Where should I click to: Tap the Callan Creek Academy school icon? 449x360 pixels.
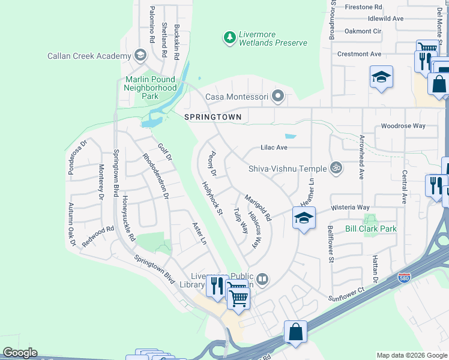(140, 56)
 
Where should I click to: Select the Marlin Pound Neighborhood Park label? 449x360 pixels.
(150, 88)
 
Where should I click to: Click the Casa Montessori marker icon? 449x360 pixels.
(277, 96)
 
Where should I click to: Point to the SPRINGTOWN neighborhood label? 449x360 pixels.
(213, 117)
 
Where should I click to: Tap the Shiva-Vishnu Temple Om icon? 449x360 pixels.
(337, 169)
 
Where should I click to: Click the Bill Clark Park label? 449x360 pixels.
(371, 229)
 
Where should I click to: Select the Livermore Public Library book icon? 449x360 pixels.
(263, 278)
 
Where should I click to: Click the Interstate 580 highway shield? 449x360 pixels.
(405, 278)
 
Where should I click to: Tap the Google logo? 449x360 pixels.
(20, 353)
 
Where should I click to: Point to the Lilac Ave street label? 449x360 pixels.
(274, 147)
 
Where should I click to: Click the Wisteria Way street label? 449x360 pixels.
(350, 208)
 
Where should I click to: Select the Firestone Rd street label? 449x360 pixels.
(363, 7)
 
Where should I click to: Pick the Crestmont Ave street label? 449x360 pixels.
(360, 54)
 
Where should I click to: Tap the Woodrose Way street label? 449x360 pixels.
(403, 126)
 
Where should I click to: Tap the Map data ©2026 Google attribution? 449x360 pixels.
(412, 355)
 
